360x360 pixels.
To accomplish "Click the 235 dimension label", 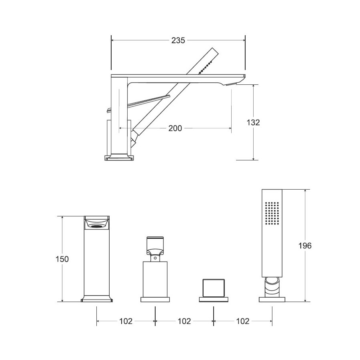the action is pyautogui.click(x=178, y=40).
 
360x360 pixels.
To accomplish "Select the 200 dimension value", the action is pyautogui.click(x=175, y=128).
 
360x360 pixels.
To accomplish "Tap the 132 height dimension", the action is pyautogui.click(x=253, y=122).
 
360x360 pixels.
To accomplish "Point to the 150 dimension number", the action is pyautogui.click(x=62, y=259).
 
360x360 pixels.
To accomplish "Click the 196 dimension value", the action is pyautogui.click(x=305, y=246).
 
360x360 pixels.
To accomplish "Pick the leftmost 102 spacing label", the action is pyautogui.click(x=126, y=321).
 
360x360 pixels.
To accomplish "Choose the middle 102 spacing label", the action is pyautogui.click(x=184, y=321).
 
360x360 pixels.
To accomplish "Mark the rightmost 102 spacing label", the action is pyautogui.click(x=243, y=321).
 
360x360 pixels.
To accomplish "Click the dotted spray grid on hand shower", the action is pyautogui.click(x=272, y=213).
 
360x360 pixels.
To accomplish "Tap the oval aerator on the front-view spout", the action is pyautogui.click(x=97, y=226).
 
